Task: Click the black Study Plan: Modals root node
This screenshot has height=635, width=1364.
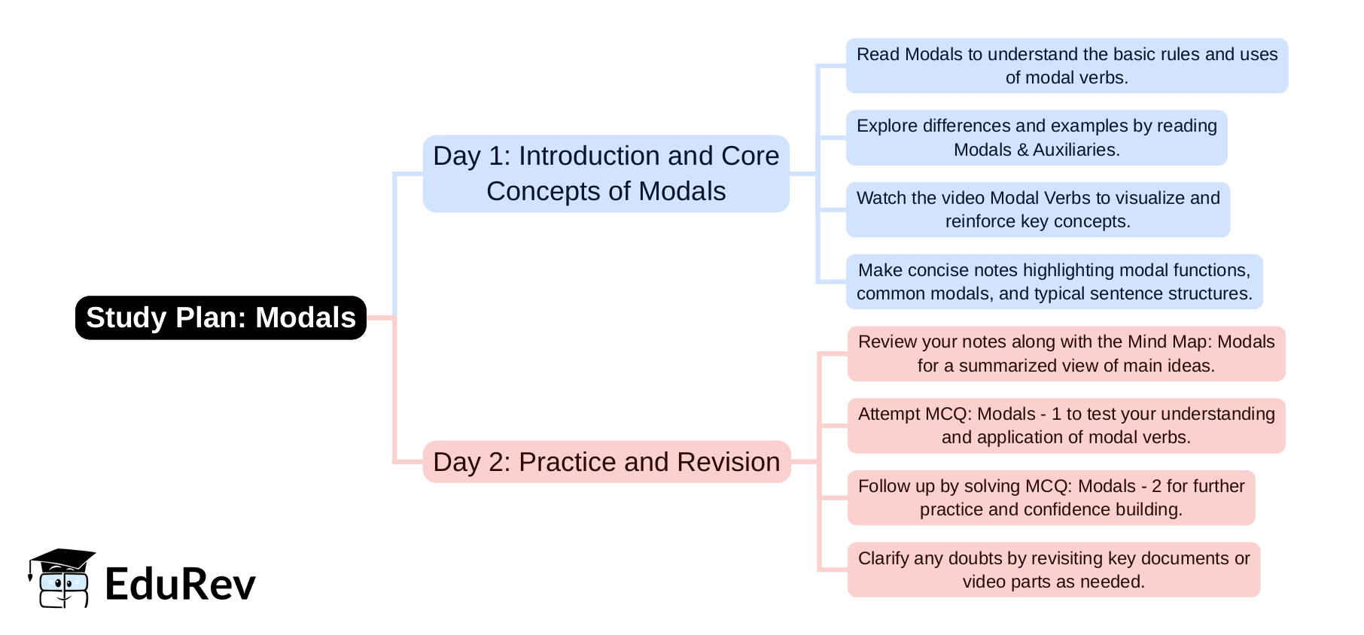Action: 221,317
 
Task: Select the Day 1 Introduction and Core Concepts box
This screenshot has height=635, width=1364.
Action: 606,174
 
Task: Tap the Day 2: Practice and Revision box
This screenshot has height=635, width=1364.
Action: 607,462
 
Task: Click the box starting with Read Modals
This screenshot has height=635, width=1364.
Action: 1067,66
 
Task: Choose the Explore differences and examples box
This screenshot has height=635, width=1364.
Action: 1037,138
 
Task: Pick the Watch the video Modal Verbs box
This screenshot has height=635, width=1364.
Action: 1038,210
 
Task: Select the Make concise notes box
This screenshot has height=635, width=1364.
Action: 1054,282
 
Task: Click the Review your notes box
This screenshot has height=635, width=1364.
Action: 1066,354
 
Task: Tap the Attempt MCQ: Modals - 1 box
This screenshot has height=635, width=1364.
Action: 1066,426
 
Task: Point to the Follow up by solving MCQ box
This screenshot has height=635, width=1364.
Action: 1051,498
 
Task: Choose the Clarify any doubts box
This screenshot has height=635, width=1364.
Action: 1053,570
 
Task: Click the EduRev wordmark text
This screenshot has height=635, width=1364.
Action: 181,584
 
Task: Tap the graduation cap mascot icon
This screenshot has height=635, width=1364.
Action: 62,578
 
